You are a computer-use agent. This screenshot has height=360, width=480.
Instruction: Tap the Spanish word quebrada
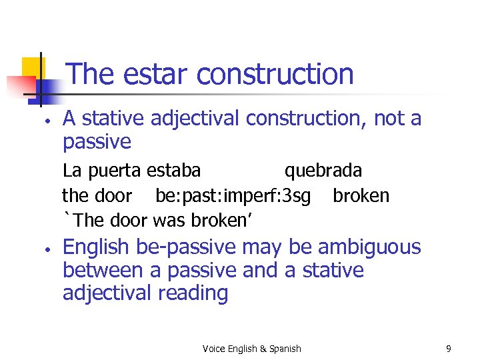point(323,171)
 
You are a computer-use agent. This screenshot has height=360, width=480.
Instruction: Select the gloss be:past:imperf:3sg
point(233,195)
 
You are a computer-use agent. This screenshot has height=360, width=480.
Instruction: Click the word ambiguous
point(369,247)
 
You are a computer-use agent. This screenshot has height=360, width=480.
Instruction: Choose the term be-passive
point(185,247)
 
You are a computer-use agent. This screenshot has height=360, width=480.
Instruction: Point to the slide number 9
point(449,349)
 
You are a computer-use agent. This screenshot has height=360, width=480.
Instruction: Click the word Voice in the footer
point(214,349)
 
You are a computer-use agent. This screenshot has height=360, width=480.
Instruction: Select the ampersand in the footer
point(262,349)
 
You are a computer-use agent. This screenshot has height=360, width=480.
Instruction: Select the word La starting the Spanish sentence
point(70,171)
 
